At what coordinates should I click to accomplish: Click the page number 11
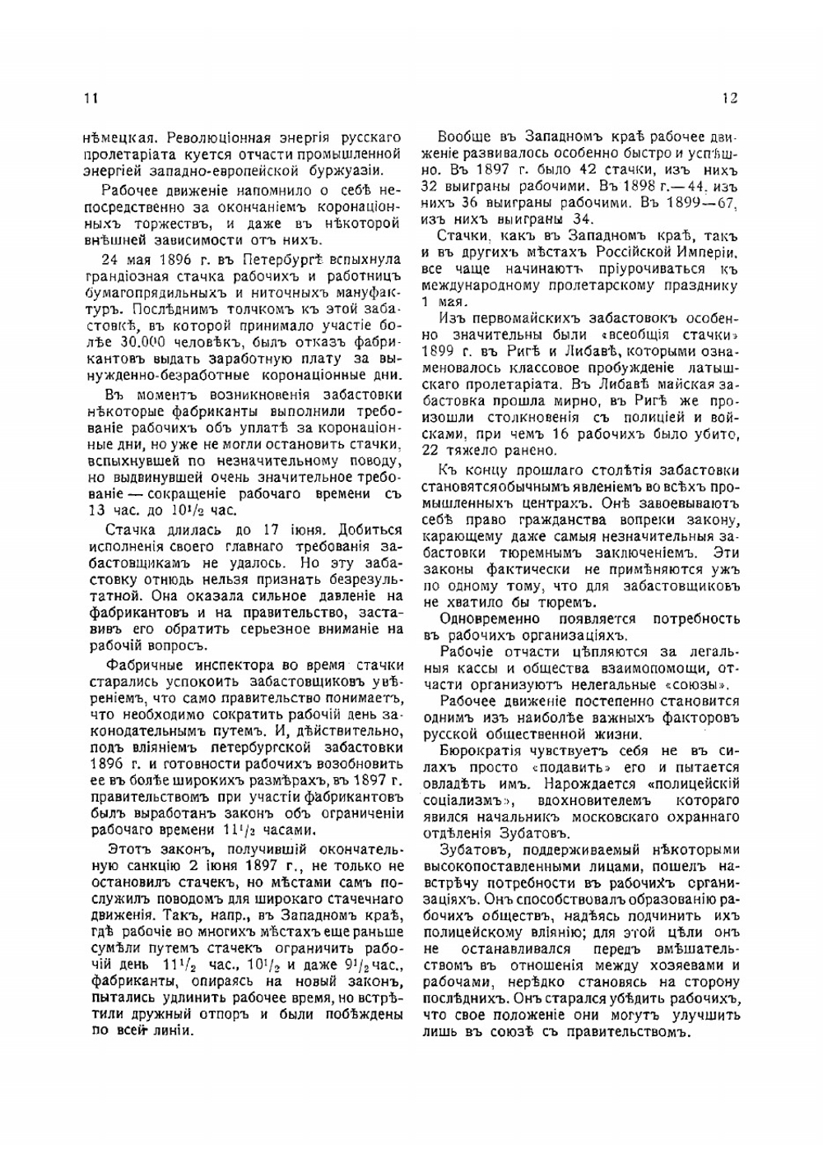point(91,98)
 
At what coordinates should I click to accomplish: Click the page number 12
point(730,98)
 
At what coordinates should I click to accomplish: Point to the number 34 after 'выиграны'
point(582,218)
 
